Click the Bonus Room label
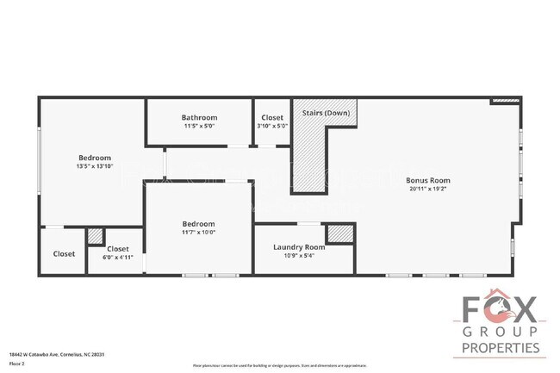[x=427, y=180]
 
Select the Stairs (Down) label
[x=325, y=113]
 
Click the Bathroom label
[x=199, y=117]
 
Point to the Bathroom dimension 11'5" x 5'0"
[x=199, y=126]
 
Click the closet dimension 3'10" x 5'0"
[x=272, y=126]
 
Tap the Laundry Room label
[x=299, y=247]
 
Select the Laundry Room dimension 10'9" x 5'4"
[x=299, y=256]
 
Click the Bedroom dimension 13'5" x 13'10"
[x=95, y=166]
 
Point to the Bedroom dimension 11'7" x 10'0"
[x=198, y=232]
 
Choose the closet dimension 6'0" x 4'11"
[x=118, y=257]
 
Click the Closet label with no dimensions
[x=64, y=254]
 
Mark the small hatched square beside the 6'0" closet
[x=96, y=235]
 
